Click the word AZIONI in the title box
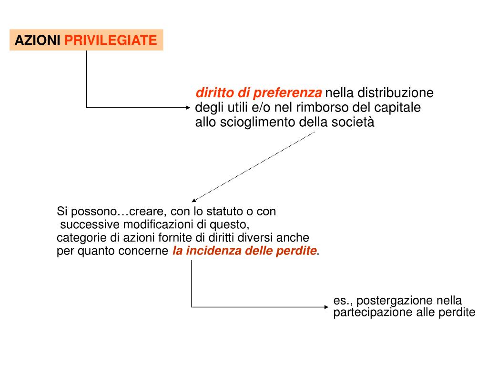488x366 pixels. coord(37,40)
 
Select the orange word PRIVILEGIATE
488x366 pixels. coord(111,40)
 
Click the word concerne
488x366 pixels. coord(145,251)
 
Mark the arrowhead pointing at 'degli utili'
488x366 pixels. coord(188,107)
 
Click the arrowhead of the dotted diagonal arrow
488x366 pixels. coord(193,200)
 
